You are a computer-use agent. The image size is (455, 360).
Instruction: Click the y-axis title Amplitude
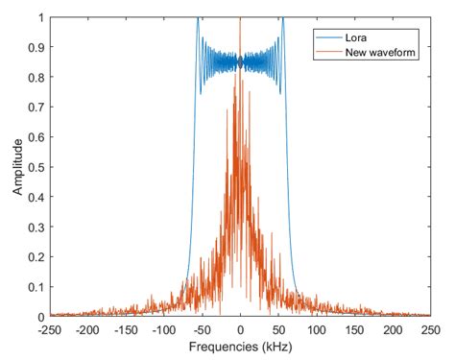pos(16,167)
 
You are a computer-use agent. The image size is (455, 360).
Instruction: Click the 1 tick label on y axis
pos(40,17)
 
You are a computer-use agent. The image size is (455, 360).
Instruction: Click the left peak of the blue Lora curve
pos(198,19)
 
